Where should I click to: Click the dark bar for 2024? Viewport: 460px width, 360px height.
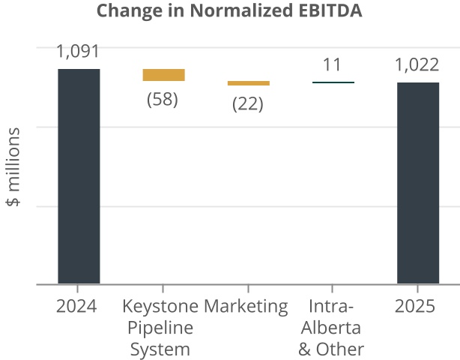pyautogui.click(x=79, y=176)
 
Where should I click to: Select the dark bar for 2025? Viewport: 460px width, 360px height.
pyautogui.click(x=418, y=183)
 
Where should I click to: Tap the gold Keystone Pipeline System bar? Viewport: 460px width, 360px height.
pyautogui.click(x=163, y=75)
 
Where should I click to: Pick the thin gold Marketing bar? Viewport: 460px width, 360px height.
pyautogui.click(x=248, y=83)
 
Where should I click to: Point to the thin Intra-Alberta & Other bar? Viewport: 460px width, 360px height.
pyautogui.click(x=333, y=82)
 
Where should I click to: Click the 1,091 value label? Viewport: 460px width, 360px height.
pyautogui.click(x=79, y=52)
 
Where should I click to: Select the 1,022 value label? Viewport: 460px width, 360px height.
pyautogui.click(x=418, y=65)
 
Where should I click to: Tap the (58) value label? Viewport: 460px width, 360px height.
pyautogui.click(x=162, y=99)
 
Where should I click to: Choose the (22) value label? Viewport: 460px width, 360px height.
pyautogui.click(x=247, y=104)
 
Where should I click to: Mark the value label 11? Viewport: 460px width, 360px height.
pyautogui.click(x=332, y=64)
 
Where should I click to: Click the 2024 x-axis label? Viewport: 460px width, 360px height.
pyautogui.click(x=77, y=307)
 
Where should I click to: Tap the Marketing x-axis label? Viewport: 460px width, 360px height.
pyautogui.click(x=246, y=307)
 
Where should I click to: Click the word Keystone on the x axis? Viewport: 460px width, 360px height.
pyautogui.click(x=160, y=307)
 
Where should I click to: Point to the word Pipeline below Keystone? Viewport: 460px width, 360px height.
pyautogui.click(x=160, y=328)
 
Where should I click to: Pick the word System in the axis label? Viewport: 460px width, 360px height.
pyautogui.click(x=160, y=349)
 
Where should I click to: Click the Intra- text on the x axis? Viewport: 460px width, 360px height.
pyautogui.click(x=330, y=307)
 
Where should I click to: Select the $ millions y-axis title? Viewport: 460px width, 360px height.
pyautogui.click(x=13, y=166)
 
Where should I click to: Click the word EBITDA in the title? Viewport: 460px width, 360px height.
pyautogui.click(x=331, y=11)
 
